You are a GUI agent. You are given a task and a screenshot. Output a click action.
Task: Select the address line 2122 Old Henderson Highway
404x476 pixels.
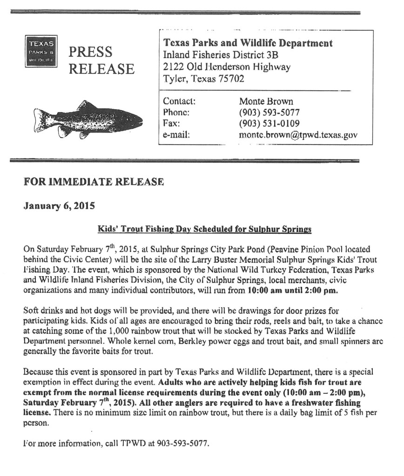[227, 67]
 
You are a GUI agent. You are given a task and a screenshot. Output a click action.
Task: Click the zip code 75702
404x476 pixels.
[229, 79]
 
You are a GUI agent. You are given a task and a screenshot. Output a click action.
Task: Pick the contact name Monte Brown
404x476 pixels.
[266, 101]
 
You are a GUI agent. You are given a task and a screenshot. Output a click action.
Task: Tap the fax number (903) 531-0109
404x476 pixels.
[269, 124]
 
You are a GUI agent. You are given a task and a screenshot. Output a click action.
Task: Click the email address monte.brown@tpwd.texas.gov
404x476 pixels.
[298, 135]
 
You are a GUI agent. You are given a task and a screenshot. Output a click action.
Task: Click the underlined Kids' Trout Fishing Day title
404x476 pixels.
[204, 229]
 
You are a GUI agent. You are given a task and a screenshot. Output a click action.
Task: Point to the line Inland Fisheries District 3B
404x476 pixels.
[221, 55]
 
